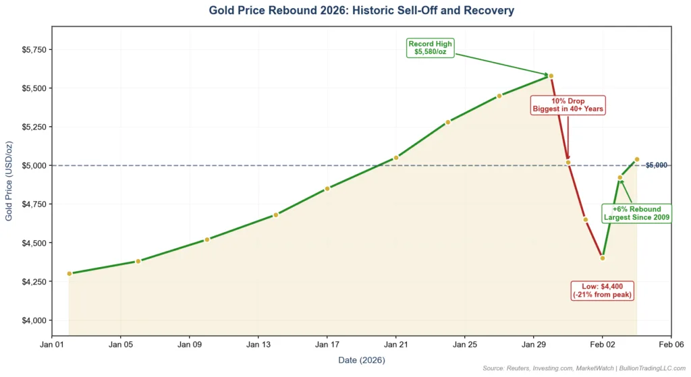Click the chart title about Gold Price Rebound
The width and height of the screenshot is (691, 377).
361,11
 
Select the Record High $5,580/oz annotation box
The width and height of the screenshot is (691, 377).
431,48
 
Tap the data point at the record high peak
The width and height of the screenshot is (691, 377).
551,76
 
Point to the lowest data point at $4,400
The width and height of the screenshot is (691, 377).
603,258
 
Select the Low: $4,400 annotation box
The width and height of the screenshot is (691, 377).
603,290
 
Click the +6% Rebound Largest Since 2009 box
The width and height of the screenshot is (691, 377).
636,213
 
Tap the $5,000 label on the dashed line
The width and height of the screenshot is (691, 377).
656,165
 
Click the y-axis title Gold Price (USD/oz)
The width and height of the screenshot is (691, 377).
9,181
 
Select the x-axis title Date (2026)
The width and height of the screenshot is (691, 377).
361,360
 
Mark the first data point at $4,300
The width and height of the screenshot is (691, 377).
70,273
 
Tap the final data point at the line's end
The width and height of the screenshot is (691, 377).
636,159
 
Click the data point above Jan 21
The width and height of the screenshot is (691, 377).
396,158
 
